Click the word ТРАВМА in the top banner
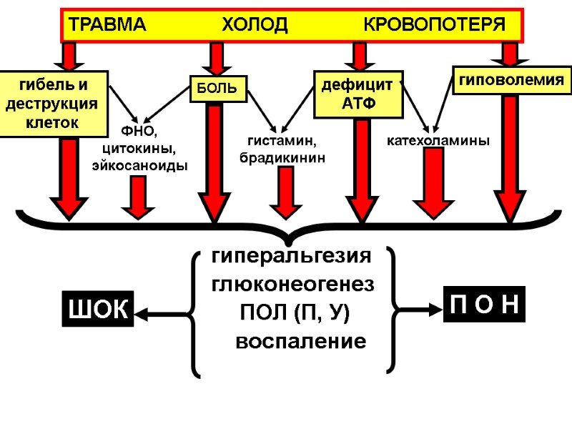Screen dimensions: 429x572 click(x=105, y=25)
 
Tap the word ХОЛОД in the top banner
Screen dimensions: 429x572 click(x=255, y=25)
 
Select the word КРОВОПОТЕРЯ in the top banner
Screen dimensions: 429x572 click(x=435, y=25)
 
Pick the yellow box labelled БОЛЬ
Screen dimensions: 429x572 click(x=217, y=89)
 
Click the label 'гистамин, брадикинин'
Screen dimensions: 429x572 click(x=282, y=149)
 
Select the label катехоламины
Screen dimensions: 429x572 click(x=438, y=141)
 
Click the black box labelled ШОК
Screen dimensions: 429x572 click(x=98, y=310)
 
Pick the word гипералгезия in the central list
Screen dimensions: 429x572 click(x=292, y=256)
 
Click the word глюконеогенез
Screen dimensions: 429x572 click(x=292, y=284)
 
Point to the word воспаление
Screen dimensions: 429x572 click(x=300, y=341)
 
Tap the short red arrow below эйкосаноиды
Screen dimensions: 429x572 click(x=138, y=197)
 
